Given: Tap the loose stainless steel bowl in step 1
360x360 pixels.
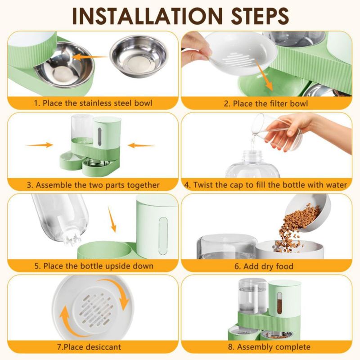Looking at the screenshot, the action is pyautogui.click(x=139, y=56).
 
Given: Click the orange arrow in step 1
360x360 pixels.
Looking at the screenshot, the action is pyautogui.click(x=90, y=57).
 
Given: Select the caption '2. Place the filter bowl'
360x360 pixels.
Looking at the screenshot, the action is pyautogui.click(x=266, y=103).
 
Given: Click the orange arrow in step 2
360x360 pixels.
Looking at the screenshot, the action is pyautogui.click(x=264, y=75).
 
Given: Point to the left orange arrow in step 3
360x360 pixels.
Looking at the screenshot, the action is pyautogui.click(x=39, y=145).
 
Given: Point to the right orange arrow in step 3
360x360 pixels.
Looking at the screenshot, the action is pyautogui.click(x=141, y=145).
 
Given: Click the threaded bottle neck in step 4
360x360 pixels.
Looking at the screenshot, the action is pyautogui.click(x=252, y=156).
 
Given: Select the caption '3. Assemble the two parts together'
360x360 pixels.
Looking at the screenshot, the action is pyautogui.click(x=93, y=185).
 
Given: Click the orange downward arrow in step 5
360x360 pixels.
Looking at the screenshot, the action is pyautogui.click(x=112, y=219).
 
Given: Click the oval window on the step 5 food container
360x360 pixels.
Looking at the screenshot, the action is pyautogui.click(x=163, y=236).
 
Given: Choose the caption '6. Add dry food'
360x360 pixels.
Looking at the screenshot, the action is pyautogui.click(x=264, y=266).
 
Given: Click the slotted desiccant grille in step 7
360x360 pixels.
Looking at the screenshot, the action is pyautogui.click(x=95, y=310).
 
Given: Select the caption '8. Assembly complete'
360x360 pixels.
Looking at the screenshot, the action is pyautogui.click(x=269, y=347).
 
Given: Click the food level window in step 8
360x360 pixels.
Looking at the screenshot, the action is pyautogui.click(x=279, y=303).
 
